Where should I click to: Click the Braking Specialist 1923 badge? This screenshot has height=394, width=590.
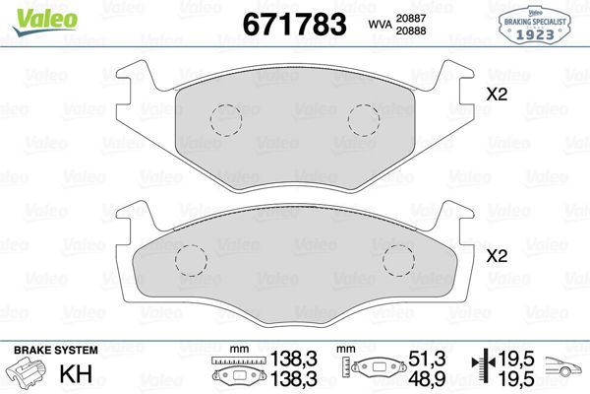click(537, 23)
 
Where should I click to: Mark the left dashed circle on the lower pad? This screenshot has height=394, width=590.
click(189, 259)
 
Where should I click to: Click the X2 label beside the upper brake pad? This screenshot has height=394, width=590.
click(499, 97)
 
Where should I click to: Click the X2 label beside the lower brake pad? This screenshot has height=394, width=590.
click(499, 255)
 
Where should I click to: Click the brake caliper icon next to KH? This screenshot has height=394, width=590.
click(26, 374)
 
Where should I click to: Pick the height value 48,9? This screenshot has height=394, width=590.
click(420, 378)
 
